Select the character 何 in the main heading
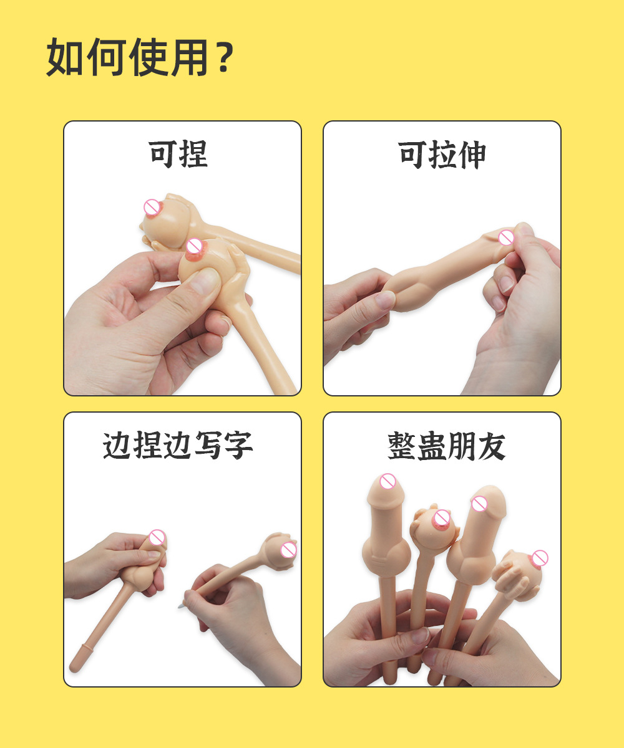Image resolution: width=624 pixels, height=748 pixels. (107, 57)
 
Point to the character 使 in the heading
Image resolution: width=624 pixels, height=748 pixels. (148, 57)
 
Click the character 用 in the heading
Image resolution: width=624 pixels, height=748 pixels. (188, 57)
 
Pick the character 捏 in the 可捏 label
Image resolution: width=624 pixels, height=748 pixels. (193, 154)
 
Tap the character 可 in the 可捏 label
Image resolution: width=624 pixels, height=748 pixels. (163, 154)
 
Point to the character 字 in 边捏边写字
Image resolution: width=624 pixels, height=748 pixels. (238, 446)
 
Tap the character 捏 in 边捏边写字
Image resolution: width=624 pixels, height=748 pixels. (148, 446)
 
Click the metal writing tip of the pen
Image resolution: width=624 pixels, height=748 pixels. (181, 605)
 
